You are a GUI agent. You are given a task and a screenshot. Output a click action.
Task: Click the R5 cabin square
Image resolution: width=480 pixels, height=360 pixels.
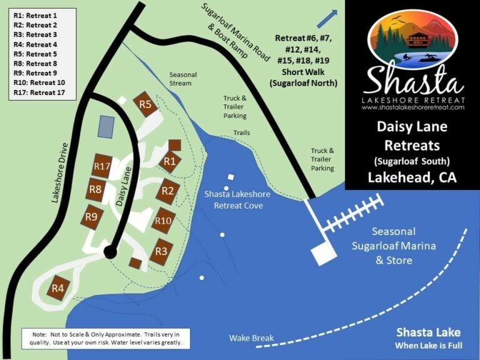pyautogui.click(x=146, y=104)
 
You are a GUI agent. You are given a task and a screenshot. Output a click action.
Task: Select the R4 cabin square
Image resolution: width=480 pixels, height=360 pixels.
pyautogui.click(x=58, y=288)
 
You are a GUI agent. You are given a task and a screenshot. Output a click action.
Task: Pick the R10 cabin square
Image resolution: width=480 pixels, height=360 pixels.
pyautogui.click(x=164, y=220)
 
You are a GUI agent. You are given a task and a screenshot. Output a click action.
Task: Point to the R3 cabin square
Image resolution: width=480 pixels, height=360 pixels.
pyautogui.click(x=161, y=251)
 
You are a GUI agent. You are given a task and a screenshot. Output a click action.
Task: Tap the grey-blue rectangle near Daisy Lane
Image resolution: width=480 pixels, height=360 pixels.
pyautogui.click(x=106, y=126)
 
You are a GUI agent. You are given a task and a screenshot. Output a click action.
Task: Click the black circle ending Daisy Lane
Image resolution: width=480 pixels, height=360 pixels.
pyautogui.click(x=110, y=252)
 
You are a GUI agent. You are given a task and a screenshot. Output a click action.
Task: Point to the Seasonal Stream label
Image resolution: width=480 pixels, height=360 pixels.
pyautogui.click(x=183, y=79)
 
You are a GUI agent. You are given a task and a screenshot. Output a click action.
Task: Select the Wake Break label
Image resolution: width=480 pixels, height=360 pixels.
pyautogui.click(x=251, y=338)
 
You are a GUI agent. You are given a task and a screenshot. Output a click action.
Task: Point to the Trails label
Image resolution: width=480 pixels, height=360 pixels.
pyautogui.click(x=241, y=133)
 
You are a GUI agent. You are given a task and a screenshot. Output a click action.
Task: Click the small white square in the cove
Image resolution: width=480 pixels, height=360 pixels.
pyautogui.click(x=231, y=177)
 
